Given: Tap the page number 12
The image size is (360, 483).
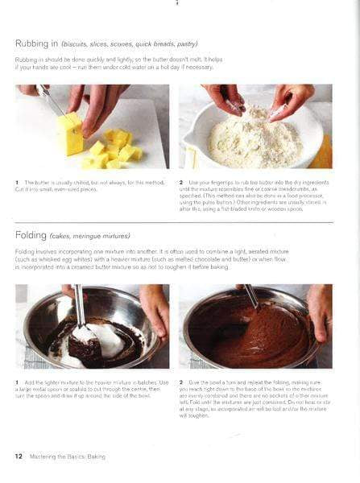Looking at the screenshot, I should [x=18, y=456].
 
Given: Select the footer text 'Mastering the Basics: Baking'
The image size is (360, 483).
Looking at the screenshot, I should [x=67, y=456].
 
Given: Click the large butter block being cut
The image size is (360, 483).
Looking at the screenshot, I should [x=70, y=132].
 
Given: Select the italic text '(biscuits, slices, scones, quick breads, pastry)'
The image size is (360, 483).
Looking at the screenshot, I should [x=135, y=43].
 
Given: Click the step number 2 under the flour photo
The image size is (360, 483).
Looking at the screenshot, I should [x=181, y=183].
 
